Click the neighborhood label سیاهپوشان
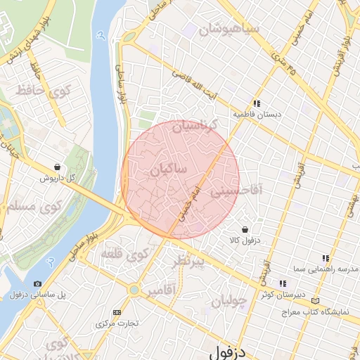pos(229,30)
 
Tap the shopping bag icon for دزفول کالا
pos(244,230)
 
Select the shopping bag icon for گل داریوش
pos(56,167)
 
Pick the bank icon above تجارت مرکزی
pos(117,312)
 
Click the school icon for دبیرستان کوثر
pos(283,283)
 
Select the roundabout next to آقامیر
pos(134,289)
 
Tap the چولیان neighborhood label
pos(228,301)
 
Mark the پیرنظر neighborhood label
pos(188,263)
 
